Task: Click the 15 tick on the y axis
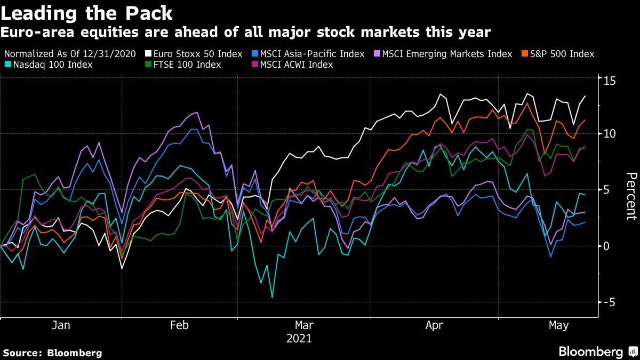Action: [610, 81]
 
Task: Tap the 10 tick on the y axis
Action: [610, 133]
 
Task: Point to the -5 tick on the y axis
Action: [609, 302]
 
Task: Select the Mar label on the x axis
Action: [303, 325]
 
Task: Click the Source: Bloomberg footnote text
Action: [52, 353]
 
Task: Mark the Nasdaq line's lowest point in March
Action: [272, 297]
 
